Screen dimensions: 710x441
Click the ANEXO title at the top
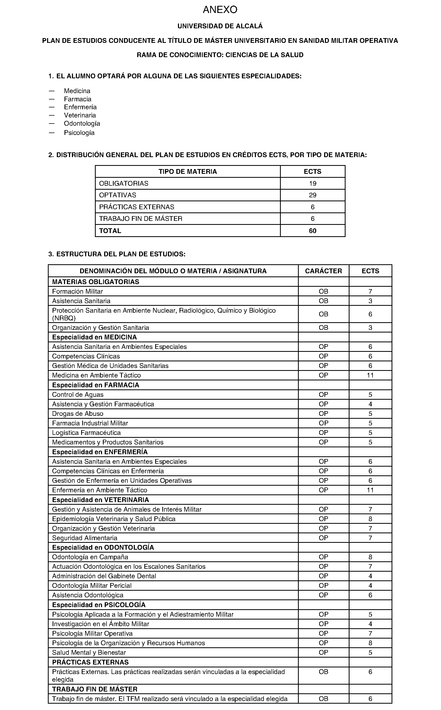[220, 10]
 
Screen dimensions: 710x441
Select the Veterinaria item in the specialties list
[80, 115]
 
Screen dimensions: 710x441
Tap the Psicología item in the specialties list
[79, 133]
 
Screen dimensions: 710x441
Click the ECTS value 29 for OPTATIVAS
[313, 195]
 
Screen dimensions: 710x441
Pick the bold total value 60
[313, 231]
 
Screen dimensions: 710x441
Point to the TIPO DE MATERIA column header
[187, 172]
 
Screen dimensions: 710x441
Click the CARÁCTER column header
[323, 271]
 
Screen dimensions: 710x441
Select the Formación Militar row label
[77, 291]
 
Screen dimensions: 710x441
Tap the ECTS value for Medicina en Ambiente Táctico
[370, 375]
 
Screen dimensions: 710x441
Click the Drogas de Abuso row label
[77, 413]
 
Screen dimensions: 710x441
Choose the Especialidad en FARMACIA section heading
[95, 385]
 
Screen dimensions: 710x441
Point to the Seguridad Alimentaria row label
[85, 538]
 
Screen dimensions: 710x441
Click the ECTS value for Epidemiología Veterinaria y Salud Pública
[370, 519]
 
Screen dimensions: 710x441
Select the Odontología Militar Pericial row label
[91, 585]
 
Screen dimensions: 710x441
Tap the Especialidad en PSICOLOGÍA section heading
[99, 605]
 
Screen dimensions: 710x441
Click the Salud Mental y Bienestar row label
[89, 653]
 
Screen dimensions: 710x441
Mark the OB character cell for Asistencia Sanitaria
[323, 301]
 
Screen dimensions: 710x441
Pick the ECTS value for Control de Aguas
[370, 394]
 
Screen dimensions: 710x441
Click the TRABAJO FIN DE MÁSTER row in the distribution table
[141, 219]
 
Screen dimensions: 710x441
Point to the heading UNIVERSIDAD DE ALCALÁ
[220, 26]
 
